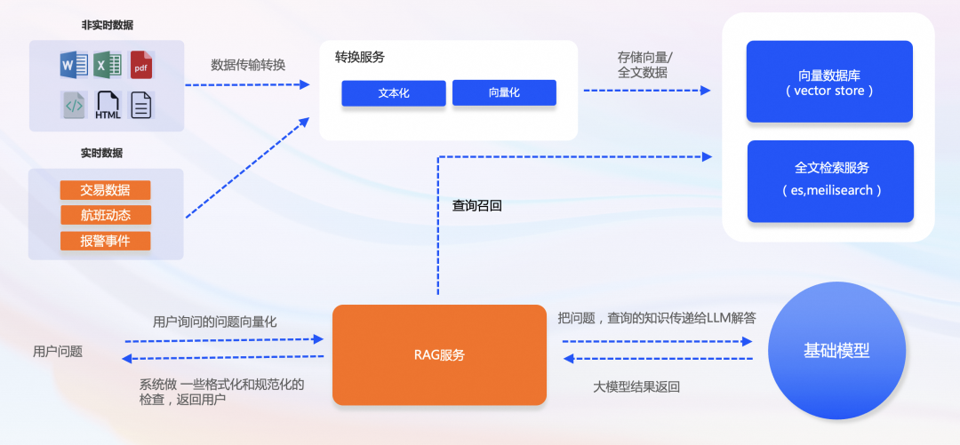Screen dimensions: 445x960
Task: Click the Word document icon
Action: (x=73, y=65)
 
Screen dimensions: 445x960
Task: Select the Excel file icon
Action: (x=108, y=65)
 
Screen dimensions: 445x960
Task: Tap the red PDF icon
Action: (x=142, y=65)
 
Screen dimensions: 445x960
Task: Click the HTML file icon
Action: (x=108, y=105)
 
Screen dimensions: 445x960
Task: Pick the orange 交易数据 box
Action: (x=105, y=190)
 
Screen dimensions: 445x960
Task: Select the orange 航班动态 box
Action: (x=105, y=215)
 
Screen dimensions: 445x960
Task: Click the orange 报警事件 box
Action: (x=105, y=241)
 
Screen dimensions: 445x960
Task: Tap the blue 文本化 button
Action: (x=394, y=93)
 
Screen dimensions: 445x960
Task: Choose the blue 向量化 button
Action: (x=504, y=92)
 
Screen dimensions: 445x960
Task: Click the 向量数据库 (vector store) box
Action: (x=829, y=82)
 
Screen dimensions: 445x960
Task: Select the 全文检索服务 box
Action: (x=830, y=180)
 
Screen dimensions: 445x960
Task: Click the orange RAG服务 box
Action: (x=439, y=355)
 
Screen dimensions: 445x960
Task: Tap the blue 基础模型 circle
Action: (x=836, y=351)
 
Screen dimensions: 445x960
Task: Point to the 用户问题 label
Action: (x=58, y=352)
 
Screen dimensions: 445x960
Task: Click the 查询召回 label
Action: (x=477, y=205)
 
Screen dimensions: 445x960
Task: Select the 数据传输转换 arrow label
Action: (x=248, y=65)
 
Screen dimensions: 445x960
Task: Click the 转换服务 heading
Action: (x=360, y=58)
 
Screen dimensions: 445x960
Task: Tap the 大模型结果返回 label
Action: (x=636, y=387)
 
